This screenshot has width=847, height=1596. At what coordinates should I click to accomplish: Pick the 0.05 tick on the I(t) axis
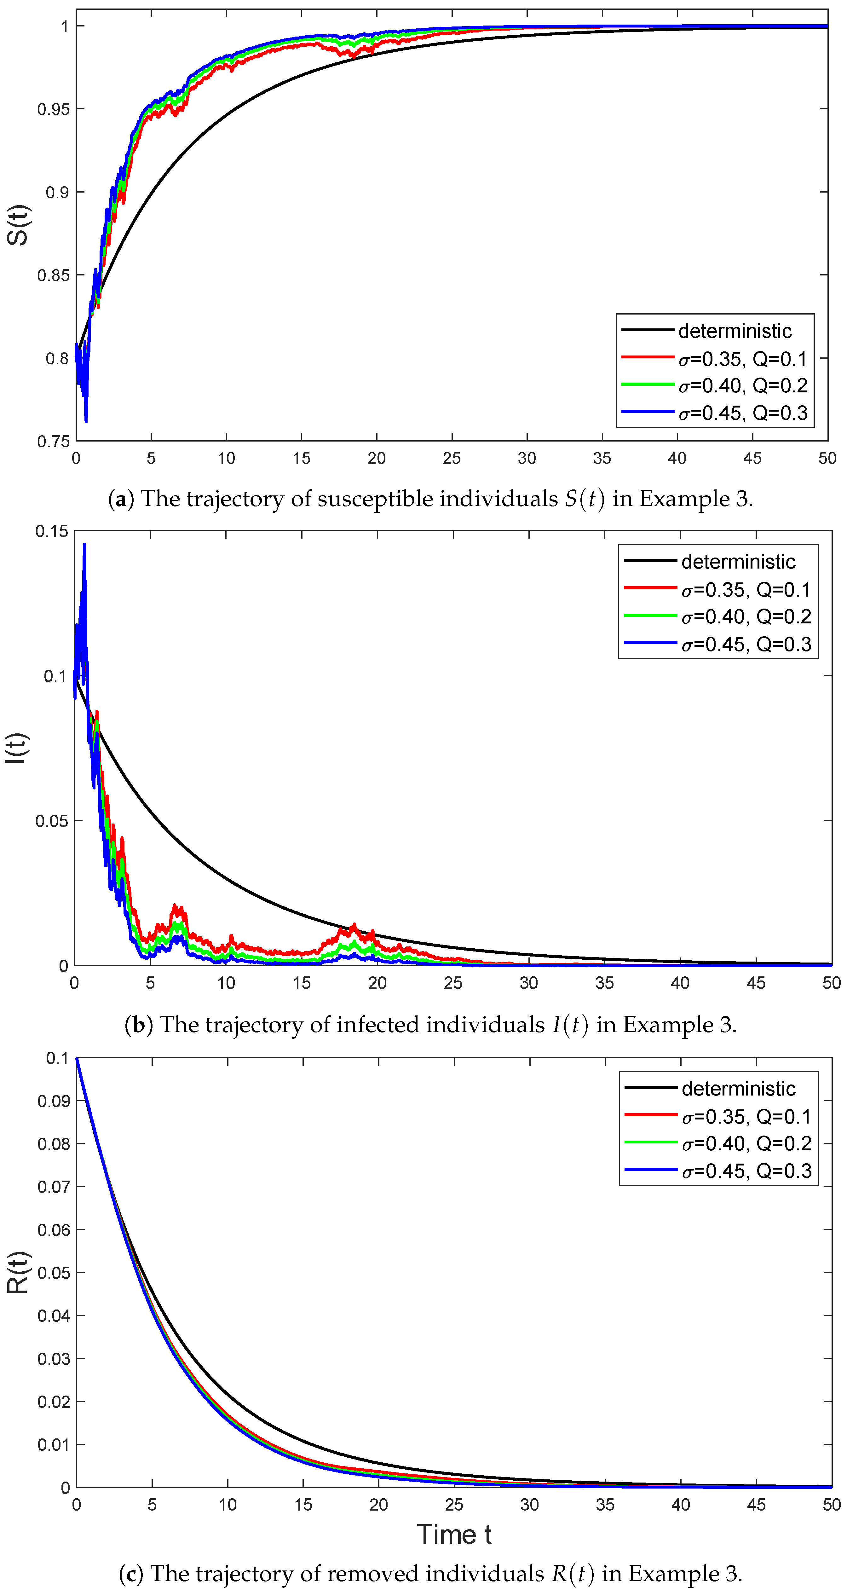click(x=52, y=821)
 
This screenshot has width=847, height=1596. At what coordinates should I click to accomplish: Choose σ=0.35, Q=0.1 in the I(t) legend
click(x=746, y=590)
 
